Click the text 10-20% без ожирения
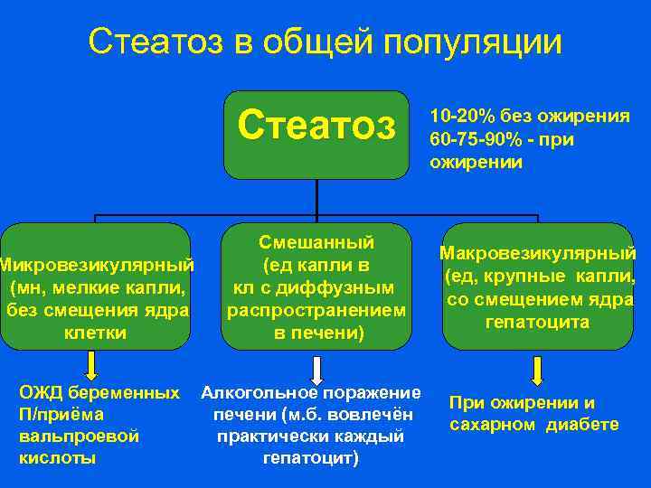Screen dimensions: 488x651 530,116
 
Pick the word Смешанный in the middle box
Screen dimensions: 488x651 316,242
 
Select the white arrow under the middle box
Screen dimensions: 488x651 317,371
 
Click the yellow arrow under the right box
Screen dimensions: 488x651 537,371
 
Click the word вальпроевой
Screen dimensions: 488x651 79,436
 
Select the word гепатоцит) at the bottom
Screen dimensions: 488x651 311,457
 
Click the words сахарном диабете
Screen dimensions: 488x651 533,425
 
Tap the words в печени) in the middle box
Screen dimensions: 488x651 317,333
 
